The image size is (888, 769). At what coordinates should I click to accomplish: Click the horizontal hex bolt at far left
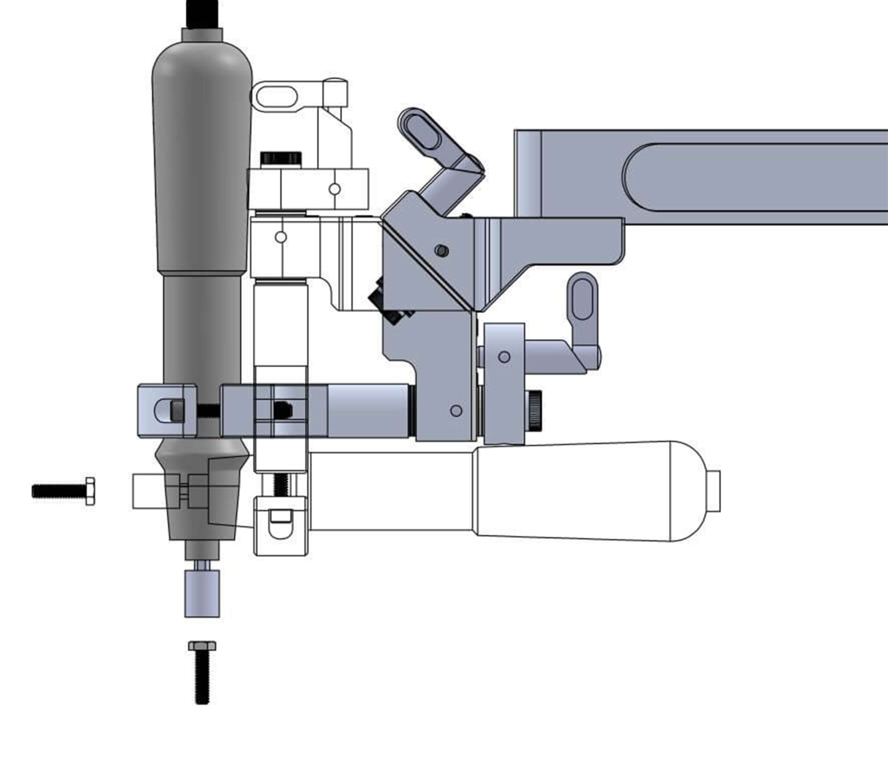(63, 491)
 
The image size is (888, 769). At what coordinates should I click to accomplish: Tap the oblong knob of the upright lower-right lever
(582, 299)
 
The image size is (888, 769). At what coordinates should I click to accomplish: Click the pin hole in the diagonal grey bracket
(441, 250)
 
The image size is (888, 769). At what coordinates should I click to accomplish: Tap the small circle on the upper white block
(334, 189)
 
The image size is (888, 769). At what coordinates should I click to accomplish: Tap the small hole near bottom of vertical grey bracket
(456, 410)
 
